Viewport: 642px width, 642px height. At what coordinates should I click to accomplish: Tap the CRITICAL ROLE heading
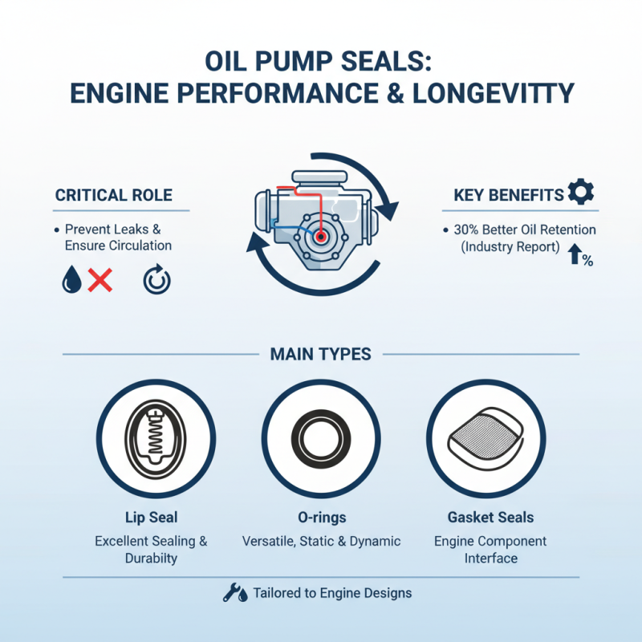click(113, 195)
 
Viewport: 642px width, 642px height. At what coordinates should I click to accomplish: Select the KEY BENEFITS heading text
click(507, 195)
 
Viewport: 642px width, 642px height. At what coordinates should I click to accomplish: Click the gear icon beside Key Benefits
click(581, 192)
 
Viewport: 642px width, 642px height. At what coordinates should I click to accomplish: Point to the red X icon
click(100, 280)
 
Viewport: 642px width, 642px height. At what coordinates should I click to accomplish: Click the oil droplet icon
click(71, 280)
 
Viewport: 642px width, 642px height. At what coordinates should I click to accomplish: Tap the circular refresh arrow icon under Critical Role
click(156, 280)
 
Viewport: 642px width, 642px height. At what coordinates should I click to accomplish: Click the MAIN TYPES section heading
click(321, 354)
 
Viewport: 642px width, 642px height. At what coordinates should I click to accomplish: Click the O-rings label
click(321, 518)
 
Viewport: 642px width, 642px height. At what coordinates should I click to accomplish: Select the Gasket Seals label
click(490, 518)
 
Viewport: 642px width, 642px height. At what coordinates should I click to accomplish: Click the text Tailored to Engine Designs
click(332, 594)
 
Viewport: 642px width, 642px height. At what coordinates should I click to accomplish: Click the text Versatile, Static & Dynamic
click(321, 541)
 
